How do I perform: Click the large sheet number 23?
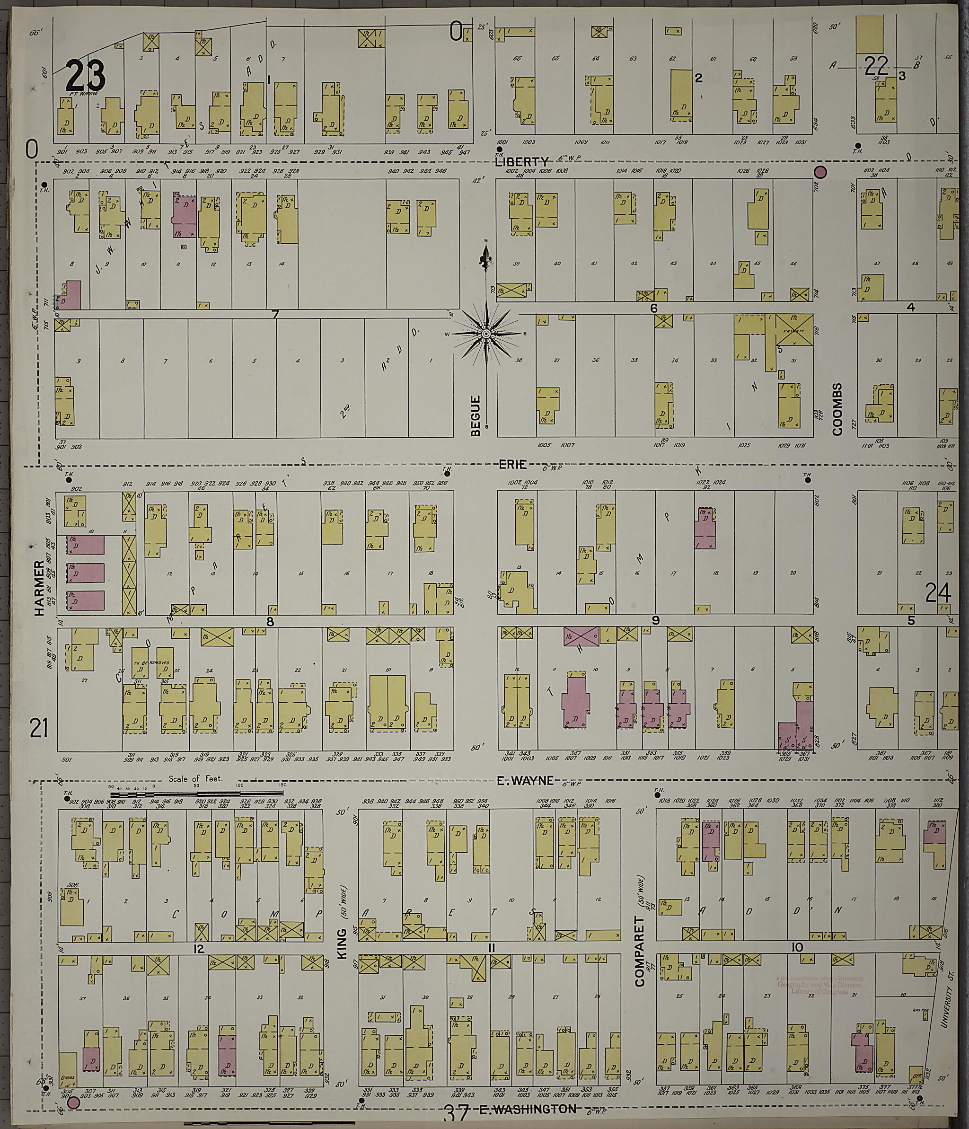click(x=85, y=76)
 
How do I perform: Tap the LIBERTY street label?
click(x=521, y=162)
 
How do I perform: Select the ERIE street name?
click(x=512, y=464)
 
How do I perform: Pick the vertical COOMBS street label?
click(x=837, y=409)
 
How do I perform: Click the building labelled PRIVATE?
click(x=794, y=329)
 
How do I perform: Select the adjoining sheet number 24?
click(x=937, y=593)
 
